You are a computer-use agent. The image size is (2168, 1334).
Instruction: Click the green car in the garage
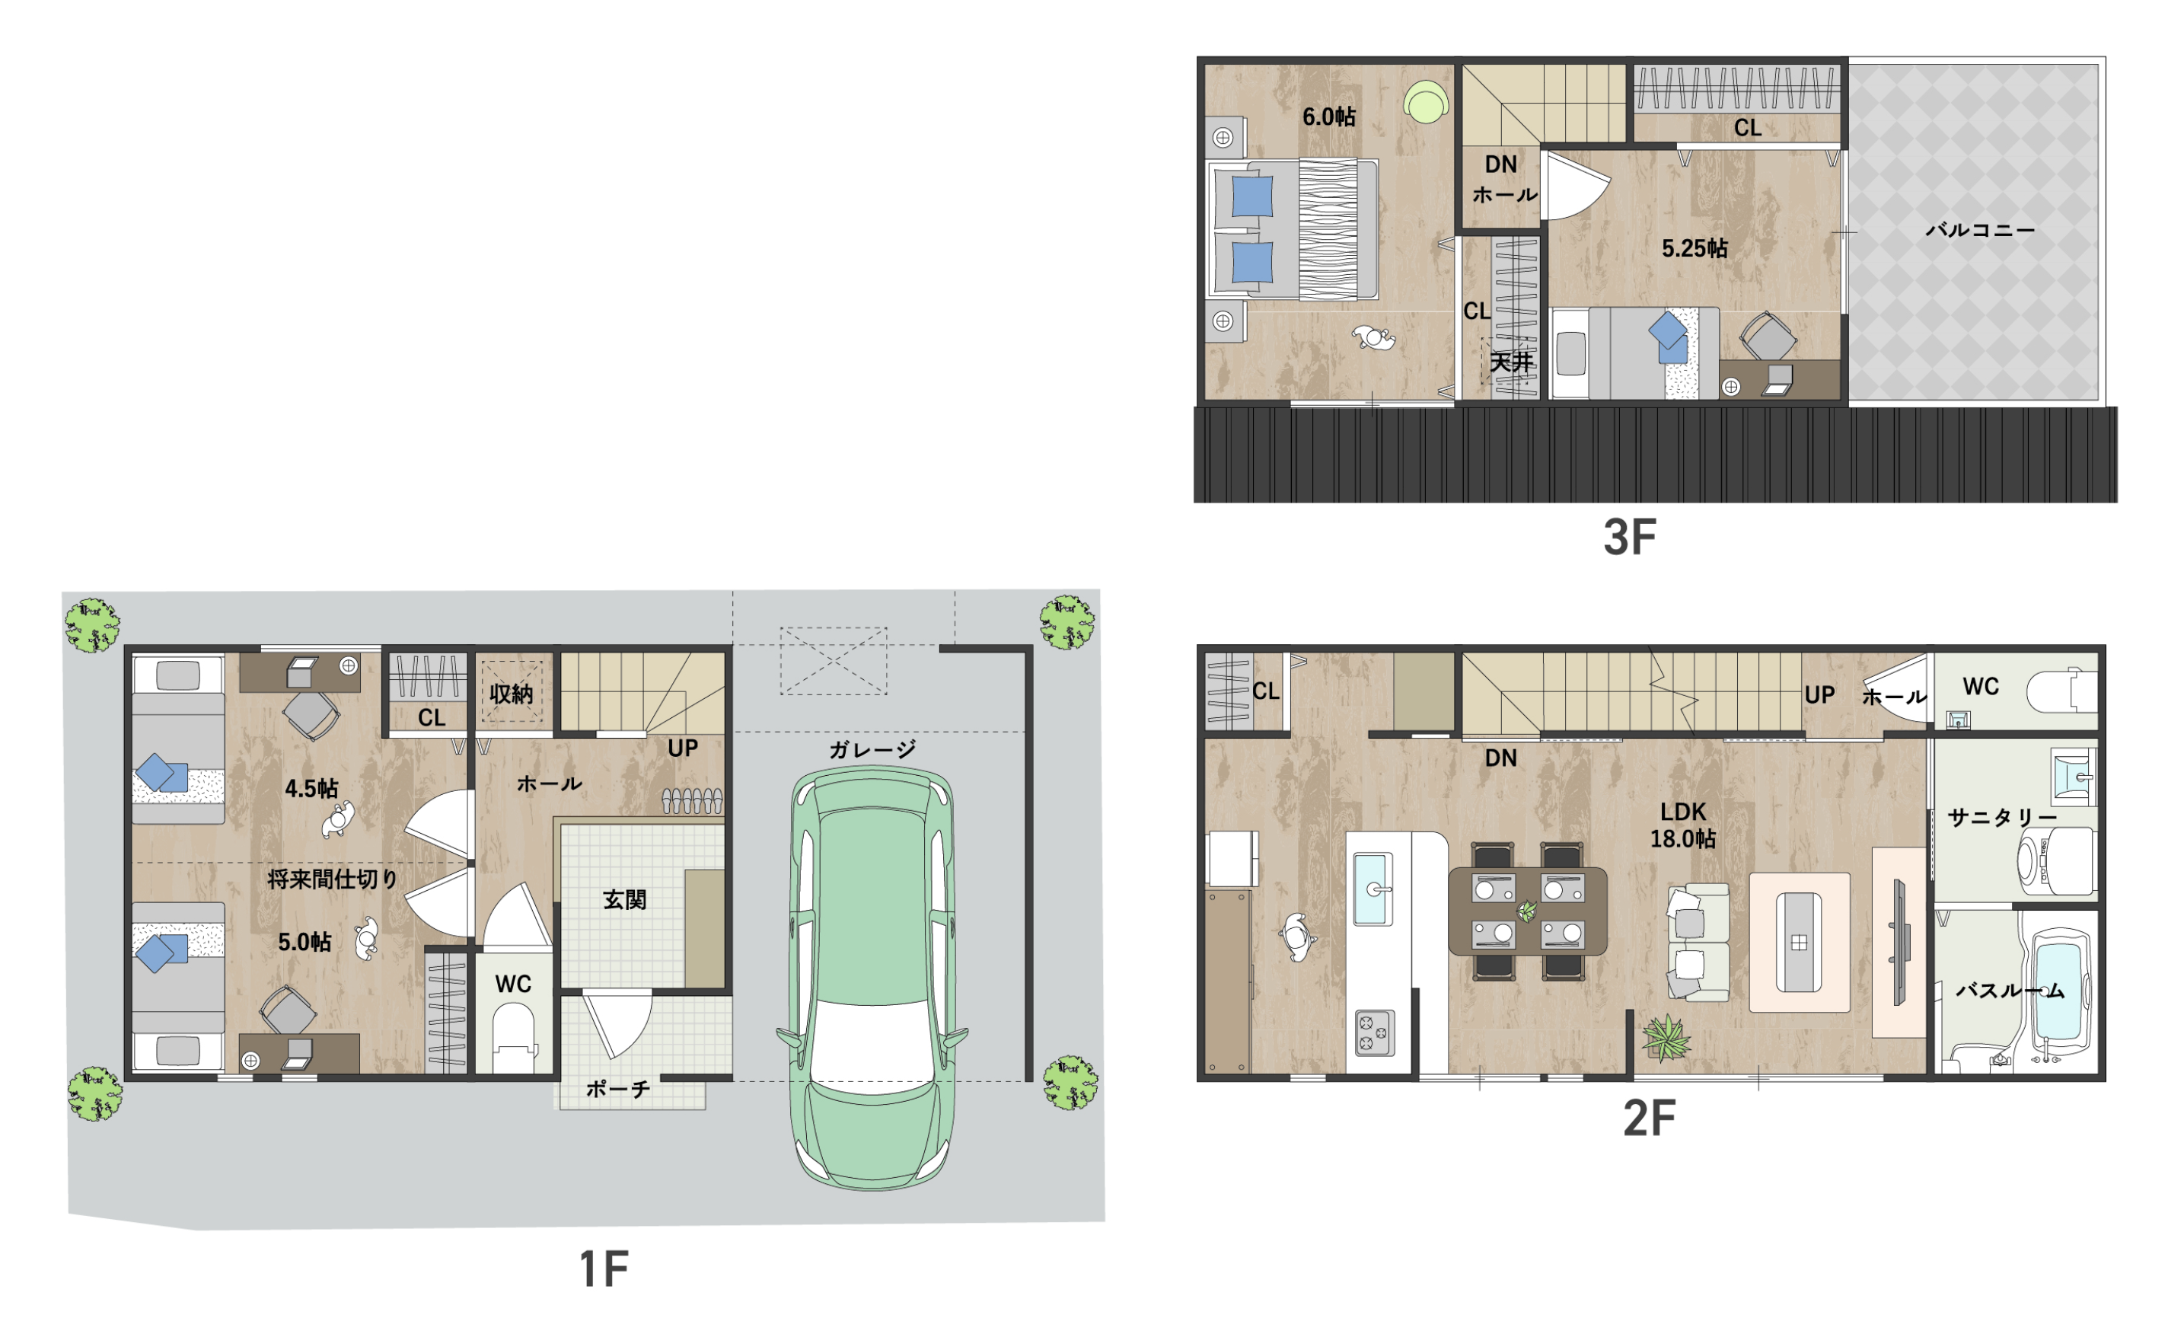tap(872, 978)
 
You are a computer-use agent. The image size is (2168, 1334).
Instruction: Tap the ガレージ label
tap(872, 750)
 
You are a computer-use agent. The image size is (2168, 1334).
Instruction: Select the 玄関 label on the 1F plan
tap(624, 900)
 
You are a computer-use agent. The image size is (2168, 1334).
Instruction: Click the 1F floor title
tap(604, 1269)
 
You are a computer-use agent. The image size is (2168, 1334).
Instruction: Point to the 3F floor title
tap(1629, 538)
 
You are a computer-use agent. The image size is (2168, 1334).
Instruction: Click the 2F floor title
tap(1649, 1119)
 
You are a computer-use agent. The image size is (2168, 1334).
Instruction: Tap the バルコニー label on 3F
tap(1979, 230)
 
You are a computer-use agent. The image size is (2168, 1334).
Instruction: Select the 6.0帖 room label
tap(1329, 116)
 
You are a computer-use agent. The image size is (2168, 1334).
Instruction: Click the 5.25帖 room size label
tap(1695, 249)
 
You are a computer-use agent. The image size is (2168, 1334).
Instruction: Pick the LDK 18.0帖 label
tap(1683, 825)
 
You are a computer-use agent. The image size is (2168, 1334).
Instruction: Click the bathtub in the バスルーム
tap(2059, 993)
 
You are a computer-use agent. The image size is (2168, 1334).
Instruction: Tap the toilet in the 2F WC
tap(2061, 691)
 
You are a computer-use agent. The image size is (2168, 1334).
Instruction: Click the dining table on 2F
tap(1527, 911)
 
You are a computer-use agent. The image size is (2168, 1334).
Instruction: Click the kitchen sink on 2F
tap(1373, 889)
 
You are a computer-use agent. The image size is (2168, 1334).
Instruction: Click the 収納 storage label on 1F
tap(512, 694)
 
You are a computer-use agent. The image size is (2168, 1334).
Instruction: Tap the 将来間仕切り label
tap(333, 879)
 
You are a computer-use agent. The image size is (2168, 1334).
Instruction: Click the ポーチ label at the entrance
tap(618, 1090)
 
